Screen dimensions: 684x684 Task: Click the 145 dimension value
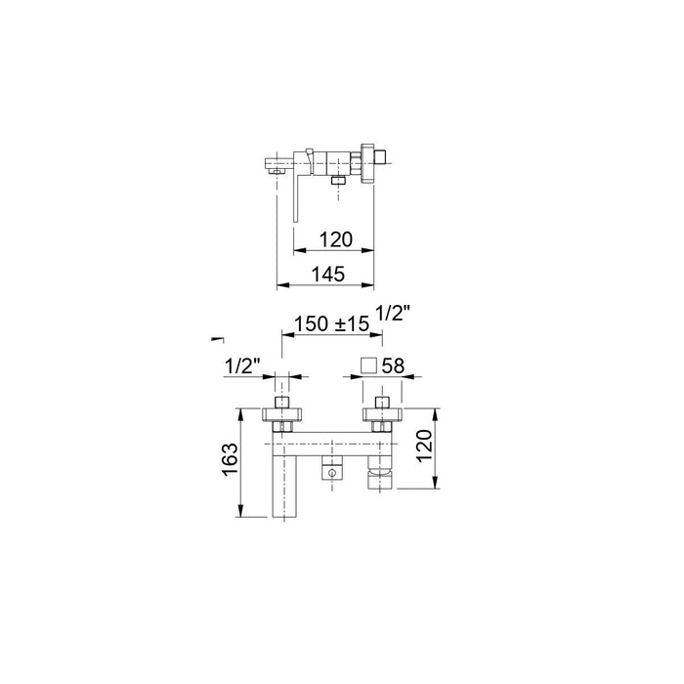[x=328, y=275]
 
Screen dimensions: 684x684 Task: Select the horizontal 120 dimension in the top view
[x=336, y=239]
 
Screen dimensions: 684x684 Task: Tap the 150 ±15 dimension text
[x=331, y=323]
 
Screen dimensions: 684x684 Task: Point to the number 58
[x=393, y=366]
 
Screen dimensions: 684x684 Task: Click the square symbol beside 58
[x=368, y=365]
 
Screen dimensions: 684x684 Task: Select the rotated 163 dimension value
[x=231, y=460]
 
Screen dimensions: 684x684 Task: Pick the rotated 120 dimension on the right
[x=424, y=446]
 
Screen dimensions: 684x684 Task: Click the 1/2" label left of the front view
[x=242, y=366]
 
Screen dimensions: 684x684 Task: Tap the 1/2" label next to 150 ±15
[x=393, y=314]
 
